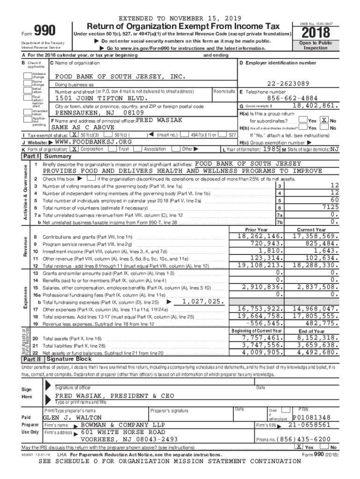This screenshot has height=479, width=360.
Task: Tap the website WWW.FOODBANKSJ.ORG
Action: pyautogui.click(x=93, y=142)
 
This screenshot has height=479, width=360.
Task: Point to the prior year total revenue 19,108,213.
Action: pyautogui.click(x=260, y=265)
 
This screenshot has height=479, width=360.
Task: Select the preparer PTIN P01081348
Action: pyautogui.click(x=311, y=417)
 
